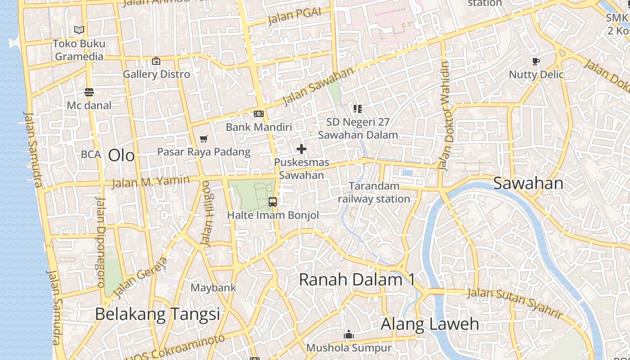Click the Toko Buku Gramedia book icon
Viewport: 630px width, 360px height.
pyautogui.click(x=79, y=30)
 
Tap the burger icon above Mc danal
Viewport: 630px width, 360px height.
pyautogui.click(x=89, y=93)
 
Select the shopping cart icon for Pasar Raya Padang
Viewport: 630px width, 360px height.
pyautogui.click(x=204, y=139)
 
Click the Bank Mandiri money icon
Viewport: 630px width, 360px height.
pyautogui.click(x=259, y=114)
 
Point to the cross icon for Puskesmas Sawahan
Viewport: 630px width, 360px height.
pyautogui.click(x=301, y=149)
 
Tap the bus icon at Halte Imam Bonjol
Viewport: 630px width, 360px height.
pyautogui.click(x=273, y=202)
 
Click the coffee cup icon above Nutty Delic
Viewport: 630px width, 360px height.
pyautogui.click(x=535, y=61)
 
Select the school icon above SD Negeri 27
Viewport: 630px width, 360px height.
pyautogui.click(x=358, y=108)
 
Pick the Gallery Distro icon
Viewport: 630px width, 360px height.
pyautogui.click(x=156, y=61)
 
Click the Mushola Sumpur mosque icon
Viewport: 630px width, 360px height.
pyautogui.click(x=349, y=335)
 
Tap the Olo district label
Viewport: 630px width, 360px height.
pyautogui.click(x=121, y=156)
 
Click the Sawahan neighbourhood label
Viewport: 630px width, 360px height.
pyautogui.click(x=528, y=184)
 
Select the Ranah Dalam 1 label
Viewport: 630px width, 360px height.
pyautogui.click(x=357, y=279)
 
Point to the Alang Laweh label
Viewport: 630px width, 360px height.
pyautogui.click(x=430, y=324)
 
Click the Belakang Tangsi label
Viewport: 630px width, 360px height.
pyautogui.click(x=157, y=314)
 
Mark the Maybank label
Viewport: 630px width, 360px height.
pyautogui.click(x=213, y=288)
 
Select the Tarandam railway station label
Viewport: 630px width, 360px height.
pyautogui.click(x=374, y=192)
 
